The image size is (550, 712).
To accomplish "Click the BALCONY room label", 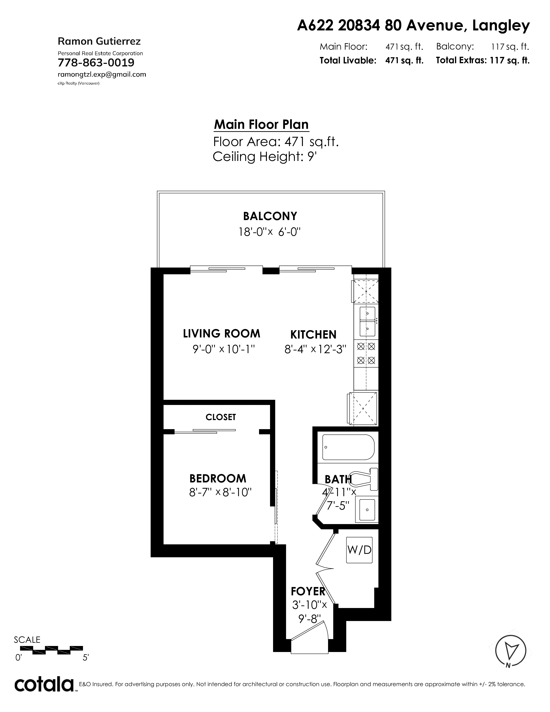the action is coord(270,216).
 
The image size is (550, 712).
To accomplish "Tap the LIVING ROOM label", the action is coord(222,334).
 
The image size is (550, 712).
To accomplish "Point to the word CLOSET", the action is coord(221,417).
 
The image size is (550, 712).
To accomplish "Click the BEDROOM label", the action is coord(218,478).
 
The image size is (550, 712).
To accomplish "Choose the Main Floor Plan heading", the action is coord(261,124).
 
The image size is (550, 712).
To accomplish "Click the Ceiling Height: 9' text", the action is coord(265,157).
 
